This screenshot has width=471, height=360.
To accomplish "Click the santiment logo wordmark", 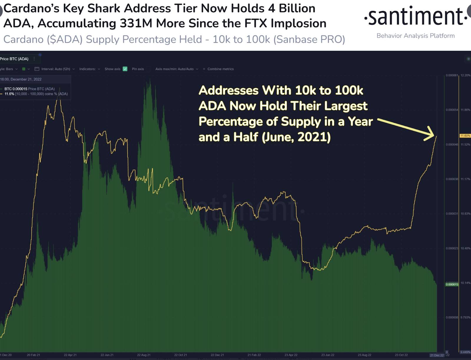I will tap(415, 17).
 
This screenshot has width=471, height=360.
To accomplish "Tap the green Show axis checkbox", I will tap(125, 69).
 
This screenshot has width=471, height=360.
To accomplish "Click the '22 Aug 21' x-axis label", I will tap(144, 355).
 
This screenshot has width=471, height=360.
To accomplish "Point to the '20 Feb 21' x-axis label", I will tap(33, 355).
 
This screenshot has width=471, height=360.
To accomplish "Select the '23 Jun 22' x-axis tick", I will tap(328, 355).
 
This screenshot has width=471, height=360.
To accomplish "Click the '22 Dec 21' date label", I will tap(217, 355).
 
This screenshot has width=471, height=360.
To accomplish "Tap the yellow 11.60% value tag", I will tap(465, 136).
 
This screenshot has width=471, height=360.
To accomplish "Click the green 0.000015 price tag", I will tap(452, 284).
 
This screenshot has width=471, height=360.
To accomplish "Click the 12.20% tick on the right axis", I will tap(465, 75).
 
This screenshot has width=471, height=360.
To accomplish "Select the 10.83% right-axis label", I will tap(465, 214).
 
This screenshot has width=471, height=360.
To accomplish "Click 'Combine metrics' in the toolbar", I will tap(220, 69).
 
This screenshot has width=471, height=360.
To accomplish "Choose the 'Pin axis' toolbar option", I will tap(138, 69).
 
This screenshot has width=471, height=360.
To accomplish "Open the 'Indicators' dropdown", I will tap(89, 69).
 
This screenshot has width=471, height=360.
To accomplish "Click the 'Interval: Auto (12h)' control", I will tap(55, 69).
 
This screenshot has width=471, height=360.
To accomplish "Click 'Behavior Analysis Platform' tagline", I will tap(415, 36).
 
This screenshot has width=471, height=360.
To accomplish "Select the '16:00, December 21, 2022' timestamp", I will tap(21, 79).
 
